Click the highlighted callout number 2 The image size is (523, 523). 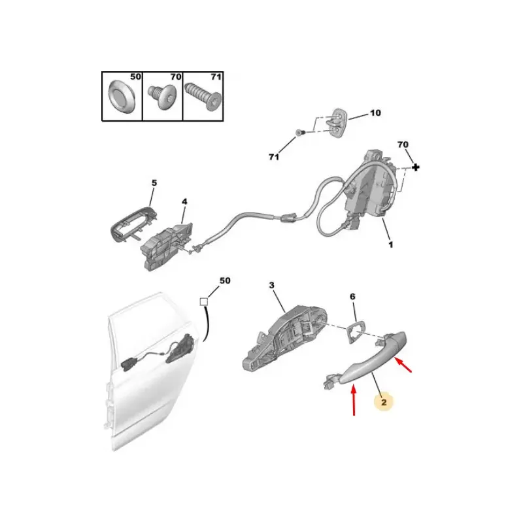click(384, 402)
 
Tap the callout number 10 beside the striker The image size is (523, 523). click(375, 113)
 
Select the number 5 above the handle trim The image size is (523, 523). click(154, 183)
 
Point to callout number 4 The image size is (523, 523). click(184, 202)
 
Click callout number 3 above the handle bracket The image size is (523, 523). click(272, 286)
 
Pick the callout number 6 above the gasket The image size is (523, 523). click(352, 297)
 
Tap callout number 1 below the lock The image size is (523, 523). click(391, 245)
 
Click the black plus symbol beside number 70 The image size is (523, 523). click(416, 167)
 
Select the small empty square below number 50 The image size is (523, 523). click(204, 302)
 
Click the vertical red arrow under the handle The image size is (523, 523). click(354, 400)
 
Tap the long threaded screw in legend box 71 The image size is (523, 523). click(203, 96)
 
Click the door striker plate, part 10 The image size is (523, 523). click(335, 122)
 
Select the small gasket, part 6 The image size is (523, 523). click(354, 331)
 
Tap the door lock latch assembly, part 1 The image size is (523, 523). click(369, 190)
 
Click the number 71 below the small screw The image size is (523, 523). click(274, 157)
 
